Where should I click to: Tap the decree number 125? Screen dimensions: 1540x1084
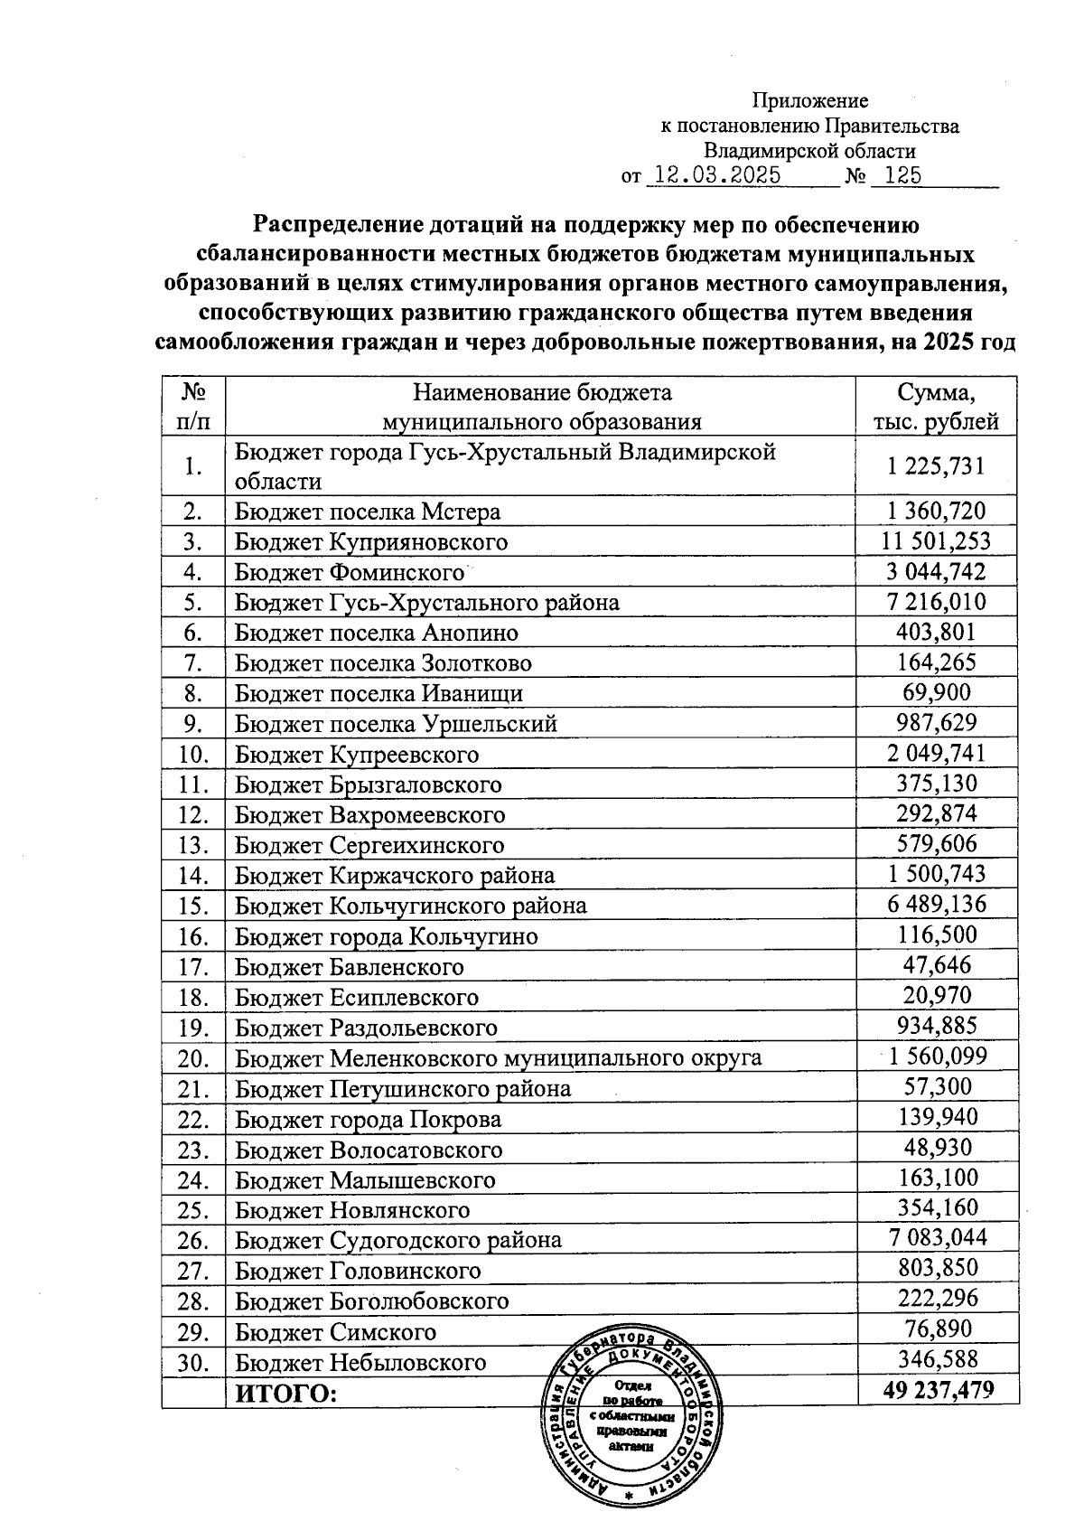(x=903, y=175)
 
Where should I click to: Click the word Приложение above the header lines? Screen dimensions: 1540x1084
(x=810, y=100)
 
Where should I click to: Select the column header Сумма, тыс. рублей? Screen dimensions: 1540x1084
(x=936, y=407)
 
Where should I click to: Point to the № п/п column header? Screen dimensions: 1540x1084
(x=192, y=407)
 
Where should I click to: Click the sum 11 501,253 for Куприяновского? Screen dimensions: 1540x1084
(x=936, y=541)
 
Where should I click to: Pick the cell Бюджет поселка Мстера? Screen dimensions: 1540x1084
(x=368, y=512)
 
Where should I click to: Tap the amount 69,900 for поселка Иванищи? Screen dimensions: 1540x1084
(x=936, y=693)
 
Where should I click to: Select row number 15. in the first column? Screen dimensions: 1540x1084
(x=193, y=906)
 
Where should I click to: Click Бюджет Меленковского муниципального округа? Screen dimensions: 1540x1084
(x=498, y=1057)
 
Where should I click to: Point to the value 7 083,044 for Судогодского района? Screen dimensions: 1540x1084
(x=936, y=1239)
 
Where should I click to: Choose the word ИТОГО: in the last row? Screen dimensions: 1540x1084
(x=285, y=1393)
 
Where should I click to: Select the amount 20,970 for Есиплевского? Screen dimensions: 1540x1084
(x=936, y=997)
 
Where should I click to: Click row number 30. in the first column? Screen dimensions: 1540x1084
(x=193, y=1362)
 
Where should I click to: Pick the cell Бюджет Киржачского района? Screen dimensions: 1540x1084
(x=395, y=875)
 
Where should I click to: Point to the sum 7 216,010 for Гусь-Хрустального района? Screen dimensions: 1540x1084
(x=936, y=602)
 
